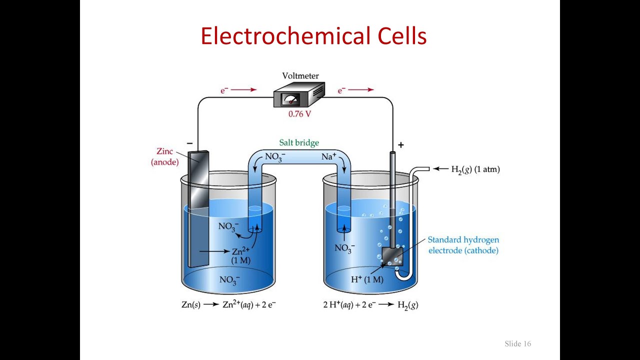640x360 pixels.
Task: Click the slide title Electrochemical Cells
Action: coord(313,36)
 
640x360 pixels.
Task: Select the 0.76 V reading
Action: coord(299,114)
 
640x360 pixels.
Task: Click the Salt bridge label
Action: coord(299,143)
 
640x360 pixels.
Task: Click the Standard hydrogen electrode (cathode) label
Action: coord(463,245)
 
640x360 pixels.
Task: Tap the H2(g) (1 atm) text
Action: coord(475,169)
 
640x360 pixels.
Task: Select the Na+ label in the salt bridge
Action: coord(329,156)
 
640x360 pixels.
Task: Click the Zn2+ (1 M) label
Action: coord(241,255)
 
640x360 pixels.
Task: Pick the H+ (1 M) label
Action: coord(366,279)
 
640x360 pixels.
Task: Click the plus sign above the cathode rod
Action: coord(400,145)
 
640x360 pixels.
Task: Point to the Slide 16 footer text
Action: coord(517,343)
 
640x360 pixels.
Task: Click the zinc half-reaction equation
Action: coord(228,304)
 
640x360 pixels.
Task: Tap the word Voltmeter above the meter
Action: coord(300,76)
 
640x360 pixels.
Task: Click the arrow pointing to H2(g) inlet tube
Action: coord(440,169)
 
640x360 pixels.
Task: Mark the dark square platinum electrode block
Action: coord(392,256)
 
